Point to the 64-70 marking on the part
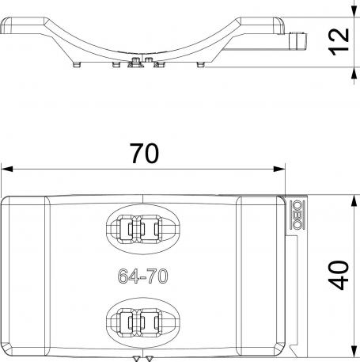point(143,276)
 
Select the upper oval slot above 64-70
point(143,230)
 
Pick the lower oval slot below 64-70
point(143,321)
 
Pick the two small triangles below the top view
point(143,358)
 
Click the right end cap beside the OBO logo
point(260,276)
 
